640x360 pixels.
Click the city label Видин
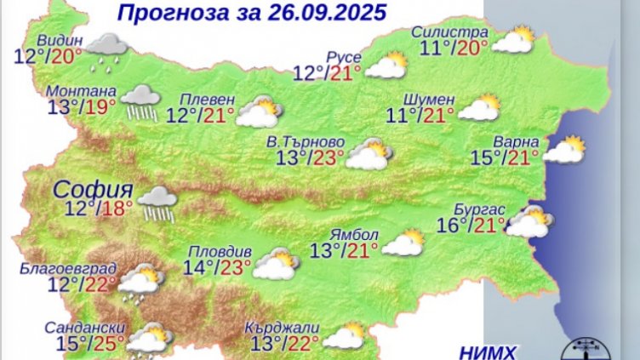coord(60,41)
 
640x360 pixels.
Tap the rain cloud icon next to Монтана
coord(140,101)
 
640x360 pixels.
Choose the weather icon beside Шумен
coord(480,108)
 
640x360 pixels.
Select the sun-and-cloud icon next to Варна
coord(565,150)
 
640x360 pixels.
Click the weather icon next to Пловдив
coord(275,265)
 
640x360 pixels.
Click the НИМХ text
coord(486,351)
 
